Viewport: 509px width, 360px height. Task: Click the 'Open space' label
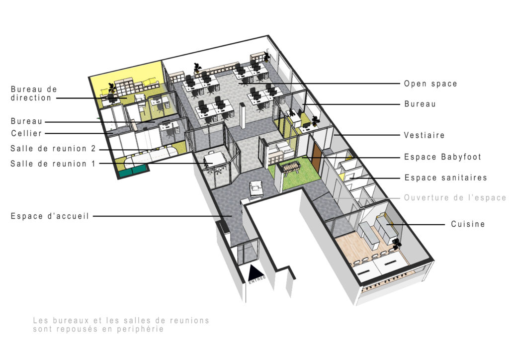click(x=430, y=84)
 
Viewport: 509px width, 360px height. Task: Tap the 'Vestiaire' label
click(x=424, y=135)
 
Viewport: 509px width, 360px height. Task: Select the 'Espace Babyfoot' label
click(x=442, y=157)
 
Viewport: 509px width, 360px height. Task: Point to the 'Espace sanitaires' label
click(x=446, y=178)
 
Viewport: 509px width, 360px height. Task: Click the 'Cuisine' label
click(x=468, y=224)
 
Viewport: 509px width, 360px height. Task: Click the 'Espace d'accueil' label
click(x=50, y=216)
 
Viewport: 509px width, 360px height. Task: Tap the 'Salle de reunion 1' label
click(x=53, y=164)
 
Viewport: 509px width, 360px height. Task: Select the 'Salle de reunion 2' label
click(x=53, y=149)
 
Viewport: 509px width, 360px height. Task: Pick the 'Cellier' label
click(x=26, y=133)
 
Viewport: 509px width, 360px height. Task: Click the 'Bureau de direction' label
click(x=34, y=93)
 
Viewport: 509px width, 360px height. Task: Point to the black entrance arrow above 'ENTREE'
click(x=255, y=272)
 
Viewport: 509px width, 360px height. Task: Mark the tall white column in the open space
click(x=243, y=116)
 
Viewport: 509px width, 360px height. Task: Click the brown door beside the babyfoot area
click(x=317, y=156)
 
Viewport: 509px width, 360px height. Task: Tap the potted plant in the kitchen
click(x=396, y=244)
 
